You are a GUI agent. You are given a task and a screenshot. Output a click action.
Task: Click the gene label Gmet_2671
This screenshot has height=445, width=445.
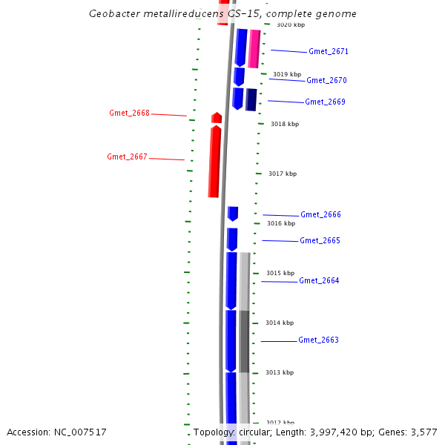(x=329, y=52)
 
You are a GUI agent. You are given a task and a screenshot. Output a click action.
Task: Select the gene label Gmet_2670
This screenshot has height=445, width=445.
(x=326, y=80)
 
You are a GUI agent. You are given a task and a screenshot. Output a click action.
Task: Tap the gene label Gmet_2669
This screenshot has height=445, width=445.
(x=325, y=102)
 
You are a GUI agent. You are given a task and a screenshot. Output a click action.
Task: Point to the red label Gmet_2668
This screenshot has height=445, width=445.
(x=129, y=113)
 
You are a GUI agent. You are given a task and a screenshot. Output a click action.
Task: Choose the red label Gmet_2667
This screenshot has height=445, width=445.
(x=127, y=156)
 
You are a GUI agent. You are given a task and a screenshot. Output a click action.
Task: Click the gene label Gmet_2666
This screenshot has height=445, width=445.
(x=320, y=215)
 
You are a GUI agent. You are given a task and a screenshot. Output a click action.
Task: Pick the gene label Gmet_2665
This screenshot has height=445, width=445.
(x=320, y=241)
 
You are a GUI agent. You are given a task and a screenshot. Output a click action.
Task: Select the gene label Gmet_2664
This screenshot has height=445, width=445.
(x=319, y=281)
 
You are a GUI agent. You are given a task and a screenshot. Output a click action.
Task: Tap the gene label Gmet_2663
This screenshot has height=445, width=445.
(x=318, y=340)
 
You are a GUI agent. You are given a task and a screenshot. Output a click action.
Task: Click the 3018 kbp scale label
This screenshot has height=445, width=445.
(x=283, y=125)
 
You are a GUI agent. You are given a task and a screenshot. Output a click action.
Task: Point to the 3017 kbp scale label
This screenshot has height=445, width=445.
(x=283, y=174)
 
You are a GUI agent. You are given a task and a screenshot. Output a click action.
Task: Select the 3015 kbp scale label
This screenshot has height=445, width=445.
(x=280, y=273)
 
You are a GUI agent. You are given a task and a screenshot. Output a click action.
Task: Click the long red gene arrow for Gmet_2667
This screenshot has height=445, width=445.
(x=215, y=162)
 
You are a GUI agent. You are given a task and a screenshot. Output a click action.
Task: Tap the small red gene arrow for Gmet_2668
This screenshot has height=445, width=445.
(x=217, y=118)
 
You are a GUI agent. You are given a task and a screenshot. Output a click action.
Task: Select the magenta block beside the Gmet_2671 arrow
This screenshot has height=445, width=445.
(x=254, y=49)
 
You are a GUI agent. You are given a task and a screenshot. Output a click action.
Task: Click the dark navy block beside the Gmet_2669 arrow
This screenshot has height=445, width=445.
(x=251, y=99)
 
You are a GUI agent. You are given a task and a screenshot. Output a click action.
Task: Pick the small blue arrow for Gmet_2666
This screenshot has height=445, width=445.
(x=233, y=214)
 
